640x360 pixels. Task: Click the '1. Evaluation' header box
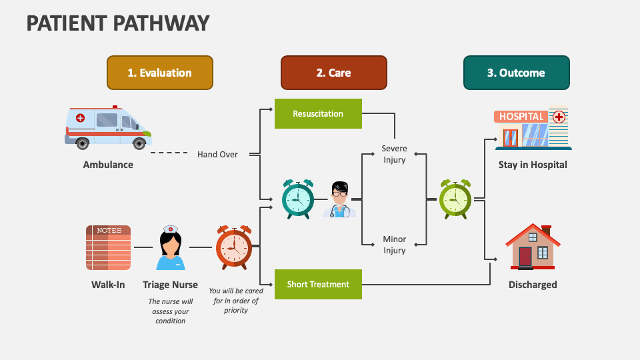click(x=159, y=73)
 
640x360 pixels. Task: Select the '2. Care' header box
click(x=333, y=73)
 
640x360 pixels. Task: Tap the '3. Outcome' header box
click(x=516, y=73)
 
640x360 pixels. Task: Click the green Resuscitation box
click(x=318, y=114)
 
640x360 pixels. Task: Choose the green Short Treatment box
click(x=318, y=285)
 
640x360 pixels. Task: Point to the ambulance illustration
click(x=108, y=128)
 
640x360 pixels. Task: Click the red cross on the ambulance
click(x=81, y=118)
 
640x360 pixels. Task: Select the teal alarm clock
click(x=297, y=199)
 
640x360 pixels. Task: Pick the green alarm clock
click(x=455, y=199)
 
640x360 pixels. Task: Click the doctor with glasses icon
click(x=340, y=199)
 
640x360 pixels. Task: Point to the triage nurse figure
click(x=171, y=247)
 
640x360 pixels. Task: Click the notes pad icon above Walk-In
click(x=108, y=247)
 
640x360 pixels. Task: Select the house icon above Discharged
click(x=531, y=246)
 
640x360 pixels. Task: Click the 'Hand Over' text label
click(x=217, y=155)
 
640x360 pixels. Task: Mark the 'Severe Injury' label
click(x=394, y=154)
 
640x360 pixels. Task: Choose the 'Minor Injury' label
click(x=394, y=245)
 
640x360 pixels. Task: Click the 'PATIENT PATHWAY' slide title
click(x=118, y=23)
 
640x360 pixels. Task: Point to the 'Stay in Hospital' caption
click(x=532, y=165)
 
